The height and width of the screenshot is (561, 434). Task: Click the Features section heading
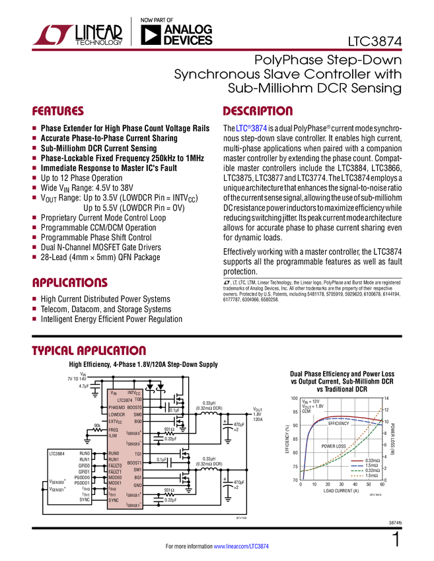(58, 112)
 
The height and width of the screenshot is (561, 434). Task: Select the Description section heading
(258, 112)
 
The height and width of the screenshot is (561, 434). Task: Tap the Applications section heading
(70, 282)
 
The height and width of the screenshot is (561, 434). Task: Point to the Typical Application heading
(89, 350)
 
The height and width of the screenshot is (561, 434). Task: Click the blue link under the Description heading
(251, 129)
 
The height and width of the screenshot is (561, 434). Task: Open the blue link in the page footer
(242, 546)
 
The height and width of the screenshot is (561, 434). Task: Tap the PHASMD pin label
(119, 407)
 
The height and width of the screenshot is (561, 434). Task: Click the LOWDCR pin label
(119, 414)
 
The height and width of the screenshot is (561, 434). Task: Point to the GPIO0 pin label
(83, 465)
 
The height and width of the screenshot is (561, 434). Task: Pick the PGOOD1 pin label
(82, 482)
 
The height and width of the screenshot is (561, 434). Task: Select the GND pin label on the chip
(138, 484)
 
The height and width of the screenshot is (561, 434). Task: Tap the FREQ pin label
(114, 430)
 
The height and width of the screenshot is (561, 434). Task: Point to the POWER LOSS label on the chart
(332, 446)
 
